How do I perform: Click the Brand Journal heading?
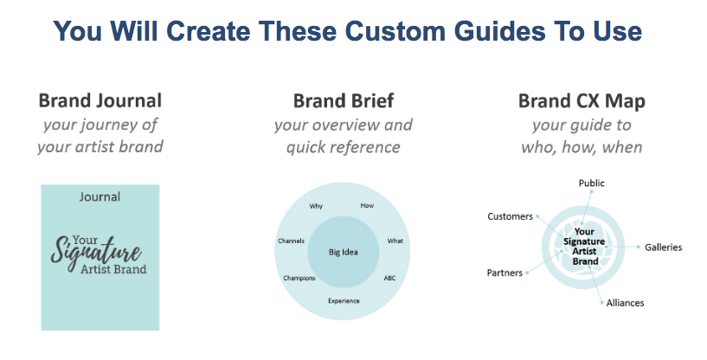tap(100, 100)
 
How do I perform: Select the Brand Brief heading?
tap(343, 100)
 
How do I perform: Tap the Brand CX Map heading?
tap(582, 101)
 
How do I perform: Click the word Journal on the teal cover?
tap(100, 196)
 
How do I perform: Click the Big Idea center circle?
tap(343, 252)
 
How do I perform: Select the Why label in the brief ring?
tap(316, 206)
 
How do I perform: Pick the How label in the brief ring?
tap(367, 206)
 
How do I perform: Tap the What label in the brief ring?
tap(395, 240)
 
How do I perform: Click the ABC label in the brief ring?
tap(389, 278)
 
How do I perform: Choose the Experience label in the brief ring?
tap(344, 300)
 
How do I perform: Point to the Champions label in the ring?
tap(299, 278)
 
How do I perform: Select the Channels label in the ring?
tap(292, 240)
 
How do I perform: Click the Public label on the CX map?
tap(592, 183)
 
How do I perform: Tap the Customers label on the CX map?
tap(510, 216)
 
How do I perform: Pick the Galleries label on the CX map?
tap(663, 247)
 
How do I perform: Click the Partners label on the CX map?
tap(505, 273)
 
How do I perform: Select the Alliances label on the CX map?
tap(624, 303)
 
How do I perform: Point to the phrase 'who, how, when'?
tap(582, 147)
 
